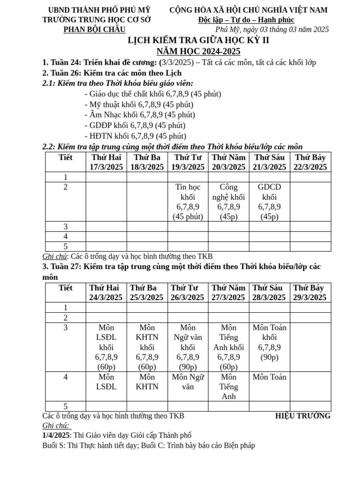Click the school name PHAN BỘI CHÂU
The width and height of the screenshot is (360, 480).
pos(94,29)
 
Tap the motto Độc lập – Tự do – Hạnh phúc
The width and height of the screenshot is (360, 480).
pos(246,20)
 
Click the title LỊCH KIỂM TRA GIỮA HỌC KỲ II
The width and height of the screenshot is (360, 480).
pos(199,40)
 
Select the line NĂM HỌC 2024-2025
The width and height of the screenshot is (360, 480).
pos(199,51)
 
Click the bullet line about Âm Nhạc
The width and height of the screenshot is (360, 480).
pos(140,114)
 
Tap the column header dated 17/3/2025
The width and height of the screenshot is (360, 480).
pos(106,162)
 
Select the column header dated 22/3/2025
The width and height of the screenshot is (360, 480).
pos(310,162)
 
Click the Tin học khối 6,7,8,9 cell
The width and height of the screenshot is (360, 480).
pos(187,202)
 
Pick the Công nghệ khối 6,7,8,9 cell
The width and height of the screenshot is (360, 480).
pos(228,202)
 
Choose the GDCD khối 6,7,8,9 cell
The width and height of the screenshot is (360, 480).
pos(269,202)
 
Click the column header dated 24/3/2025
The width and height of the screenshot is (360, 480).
pos(106,292)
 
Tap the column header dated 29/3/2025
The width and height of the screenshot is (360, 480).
pos(310,292)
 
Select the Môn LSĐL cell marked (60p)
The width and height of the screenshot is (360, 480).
pos(106,347)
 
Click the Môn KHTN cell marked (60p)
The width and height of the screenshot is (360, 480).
pos(147,347)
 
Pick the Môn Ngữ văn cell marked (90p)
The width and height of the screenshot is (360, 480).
pos(187,347)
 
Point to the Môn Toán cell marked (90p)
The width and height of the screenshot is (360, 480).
pos(269,342)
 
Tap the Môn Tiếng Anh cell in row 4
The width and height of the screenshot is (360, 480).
pos(228,387)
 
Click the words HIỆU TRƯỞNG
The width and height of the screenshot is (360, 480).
pos(302,416)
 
